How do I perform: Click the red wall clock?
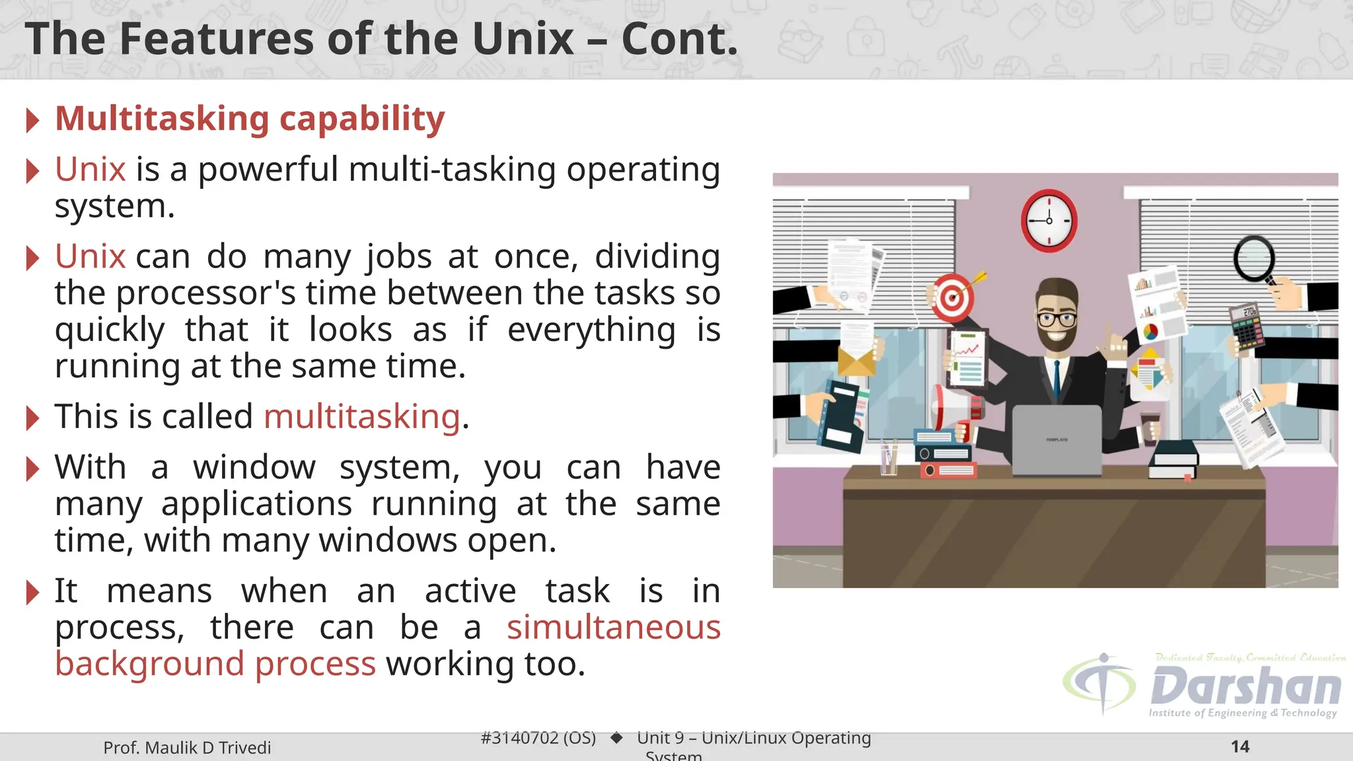[1049, 221]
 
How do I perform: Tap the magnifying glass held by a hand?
[1254, 260]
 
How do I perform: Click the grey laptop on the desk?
[1056, 439]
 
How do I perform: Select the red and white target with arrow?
[953, 297]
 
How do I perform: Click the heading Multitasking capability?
[250, 119]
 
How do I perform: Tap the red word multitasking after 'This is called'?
[361, 417]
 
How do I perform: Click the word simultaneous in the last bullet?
[613, 627]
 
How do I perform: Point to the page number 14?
[1240, 746]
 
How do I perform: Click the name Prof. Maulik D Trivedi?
[187, 748]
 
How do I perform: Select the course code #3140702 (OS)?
[538, 738]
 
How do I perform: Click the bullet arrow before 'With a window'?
[32, 468]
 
